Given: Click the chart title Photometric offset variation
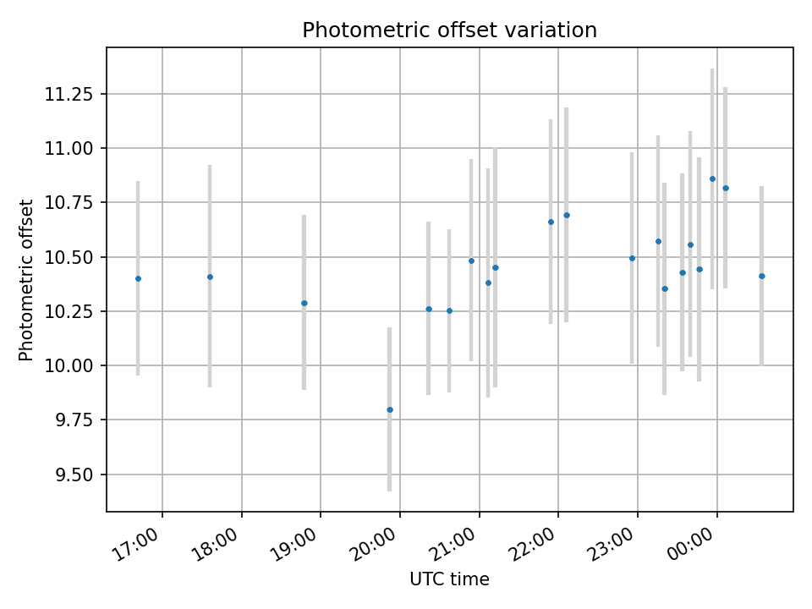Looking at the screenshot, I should coord(449,30).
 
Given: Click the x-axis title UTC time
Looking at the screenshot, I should coord(449,579).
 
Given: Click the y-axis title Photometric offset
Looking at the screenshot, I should coord(26,280).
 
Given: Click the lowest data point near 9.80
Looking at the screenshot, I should coord(390,409).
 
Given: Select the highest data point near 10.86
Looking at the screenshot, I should coord(712,178).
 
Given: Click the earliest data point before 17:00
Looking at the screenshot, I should coord(138,278).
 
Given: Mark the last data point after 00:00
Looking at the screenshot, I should coord(761,276).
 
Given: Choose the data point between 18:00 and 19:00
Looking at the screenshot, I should coord(304,303).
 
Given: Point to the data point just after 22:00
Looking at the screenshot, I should coord(567,215).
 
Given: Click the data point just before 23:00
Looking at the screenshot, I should coord(632,258).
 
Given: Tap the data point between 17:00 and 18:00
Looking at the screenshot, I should coord(210,277).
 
